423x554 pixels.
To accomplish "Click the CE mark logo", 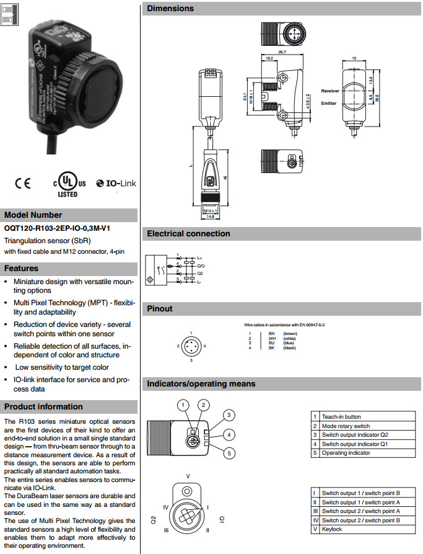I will point(23,184).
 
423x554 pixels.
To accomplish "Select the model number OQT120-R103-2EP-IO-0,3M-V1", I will point(57,228).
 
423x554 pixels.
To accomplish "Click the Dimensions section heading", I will point(170,9).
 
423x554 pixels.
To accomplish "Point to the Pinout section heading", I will point(160,308).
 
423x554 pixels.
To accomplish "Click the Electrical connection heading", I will point(188,234).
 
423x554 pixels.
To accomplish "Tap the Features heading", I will point(21,269).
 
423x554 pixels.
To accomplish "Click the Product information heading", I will point(43,407).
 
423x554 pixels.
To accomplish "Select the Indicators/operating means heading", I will point(201,384).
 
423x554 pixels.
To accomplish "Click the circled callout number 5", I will point(228,453).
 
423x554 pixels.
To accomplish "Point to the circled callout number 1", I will point(182,405).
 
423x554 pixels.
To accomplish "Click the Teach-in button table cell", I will point(341,417).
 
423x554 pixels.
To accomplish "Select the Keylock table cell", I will point(332,529).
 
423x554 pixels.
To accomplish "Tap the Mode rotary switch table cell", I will point(346,426).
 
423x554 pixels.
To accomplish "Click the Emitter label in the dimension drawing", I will point(329,104).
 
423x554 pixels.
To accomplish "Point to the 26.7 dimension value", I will point(281,53).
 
